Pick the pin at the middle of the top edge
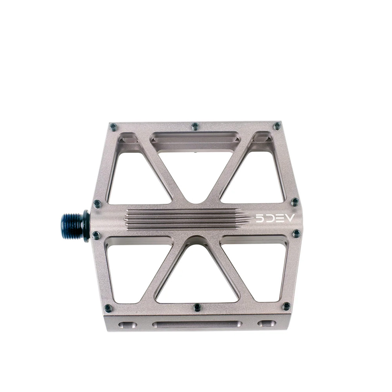click(x=195, y=126)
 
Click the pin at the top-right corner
click(x=277, y=126)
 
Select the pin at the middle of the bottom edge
click(x=197, y=307)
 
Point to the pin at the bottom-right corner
click(x=286, y=306)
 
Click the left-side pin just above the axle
click(x=97, y=203)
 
